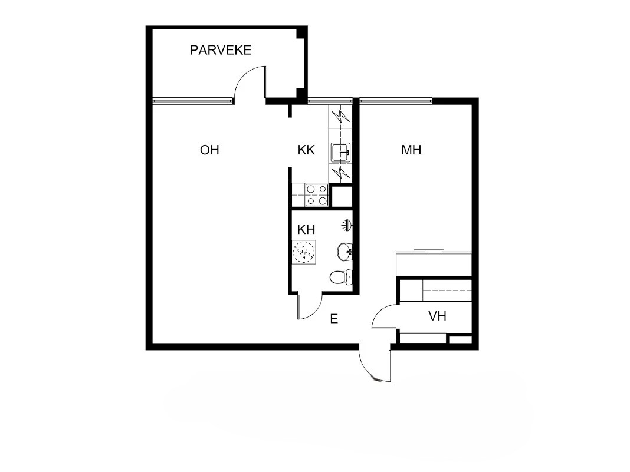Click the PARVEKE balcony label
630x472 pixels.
tap(221, 50)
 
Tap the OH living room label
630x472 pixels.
tap(209, 150)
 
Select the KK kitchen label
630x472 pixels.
tap(306, 150)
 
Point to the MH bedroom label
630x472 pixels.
tap(411, 150)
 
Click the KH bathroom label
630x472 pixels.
tap(306, 229)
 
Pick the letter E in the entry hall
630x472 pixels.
tap(334, 319)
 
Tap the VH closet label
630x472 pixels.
tap(437, 316)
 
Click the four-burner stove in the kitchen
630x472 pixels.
tap(317, 195)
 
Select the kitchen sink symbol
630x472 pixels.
tap(340, 153)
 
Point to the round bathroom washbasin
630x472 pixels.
tap(344, 252)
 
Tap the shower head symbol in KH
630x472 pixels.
tap(348, 225)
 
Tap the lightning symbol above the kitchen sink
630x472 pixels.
tap(340, 116)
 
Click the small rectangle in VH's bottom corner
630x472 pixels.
tap(460, 339)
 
